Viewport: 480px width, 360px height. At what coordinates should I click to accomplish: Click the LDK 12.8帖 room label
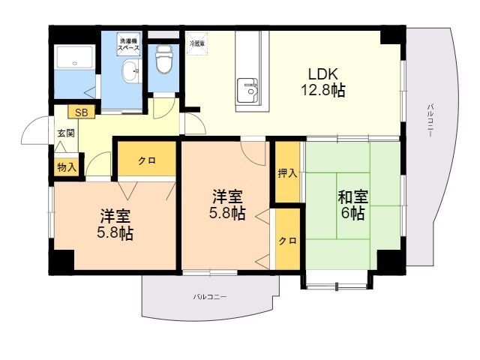click(x=325, y=82)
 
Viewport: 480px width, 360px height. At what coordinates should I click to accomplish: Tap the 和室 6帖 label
click(x=352, y=205)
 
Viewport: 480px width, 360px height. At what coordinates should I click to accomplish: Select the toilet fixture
click(x=163, y=59)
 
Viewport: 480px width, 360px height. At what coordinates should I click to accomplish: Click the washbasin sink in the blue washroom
click(x=130, y=73)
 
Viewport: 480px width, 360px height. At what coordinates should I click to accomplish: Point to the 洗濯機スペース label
click(x=127, y=43)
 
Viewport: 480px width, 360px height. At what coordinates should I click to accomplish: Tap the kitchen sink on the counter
click(x=247, y=91)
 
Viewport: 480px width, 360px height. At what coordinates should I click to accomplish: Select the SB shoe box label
click(x=80, y=112)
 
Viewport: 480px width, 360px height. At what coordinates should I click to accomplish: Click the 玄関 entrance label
click(x=65, y=133)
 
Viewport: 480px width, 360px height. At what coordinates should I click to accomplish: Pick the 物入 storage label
click(x=67, y=166)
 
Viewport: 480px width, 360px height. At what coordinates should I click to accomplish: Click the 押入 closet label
click(x=287, y=173)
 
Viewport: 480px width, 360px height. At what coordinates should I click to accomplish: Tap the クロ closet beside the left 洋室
click(x=146, y=161)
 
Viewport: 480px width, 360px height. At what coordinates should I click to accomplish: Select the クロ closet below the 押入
click(x=287, y=241)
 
